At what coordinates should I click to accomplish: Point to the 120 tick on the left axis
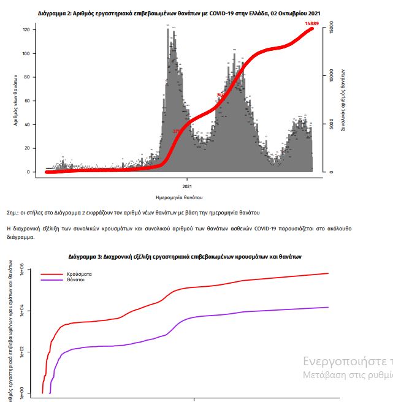point(26,29)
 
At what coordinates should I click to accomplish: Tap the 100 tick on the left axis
point(26,53)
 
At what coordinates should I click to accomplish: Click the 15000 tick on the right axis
point(331,28)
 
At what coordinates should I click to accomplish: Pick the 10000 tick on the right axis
point(331,76)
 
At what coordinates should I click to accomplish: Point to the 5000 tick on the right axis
point(331,124)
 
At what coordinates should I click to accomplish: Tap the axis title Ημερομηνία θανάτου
point(180,198)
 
